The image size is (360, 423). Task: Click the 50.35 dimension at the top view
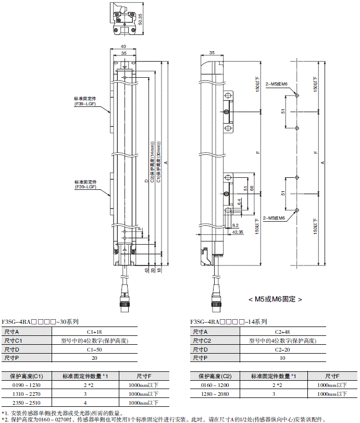click(147, 19)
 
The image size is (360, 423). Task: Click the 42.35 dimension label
click(237, 232)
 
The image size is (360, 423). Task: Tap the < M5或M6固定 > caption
click(275, 299)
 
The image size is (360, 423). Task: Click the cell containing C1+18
click(94, 332)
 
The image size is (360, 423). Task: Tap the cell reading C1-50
click(94, 349)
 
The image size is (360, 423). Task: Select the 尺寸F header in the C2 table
click(331, 376)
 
